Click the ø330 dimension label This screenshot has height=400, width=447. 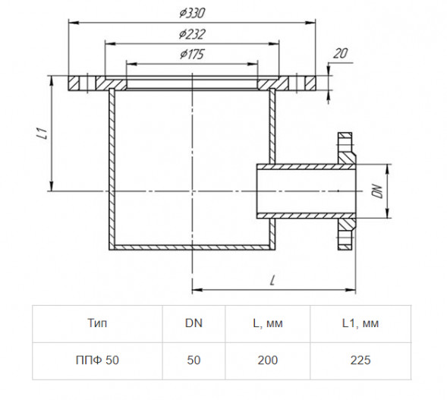coord(192,13)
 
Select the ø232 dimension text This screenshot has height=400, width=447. coord(192,34)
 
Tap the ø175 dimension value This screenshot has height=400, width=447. coord(192,54)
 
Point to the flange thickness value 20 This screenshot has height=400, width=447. coord(341,53)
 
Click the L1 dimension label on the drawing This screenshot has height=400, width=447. coord(42,134)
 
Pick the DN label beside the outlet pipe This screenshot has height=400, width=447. coord(377,191)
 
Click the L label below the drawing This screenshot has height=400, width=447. coord(272,281)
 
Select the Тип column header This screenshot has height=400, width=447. coord(97,323)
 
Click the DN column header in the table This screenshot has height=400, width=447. coord(194,323)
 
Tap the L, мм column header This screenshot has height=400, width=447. coord(268,323)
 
